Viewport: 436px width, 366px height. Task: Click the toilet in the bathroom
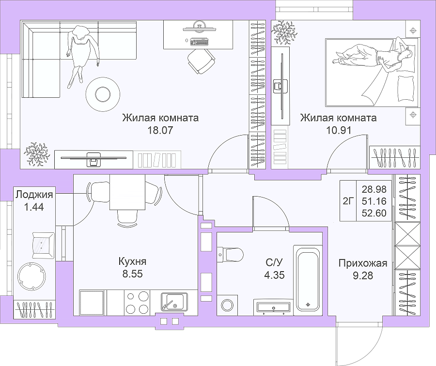coord(230,254)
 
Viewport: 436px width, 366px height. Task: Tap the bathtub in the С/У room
coord(307,278)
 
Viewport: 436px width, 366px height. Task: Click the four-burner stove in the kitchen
coord(138,303)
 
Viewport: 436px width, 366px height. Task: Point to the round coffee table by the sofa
coord(103,94)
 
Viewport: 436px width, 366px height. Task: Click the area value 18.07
coord(160,130)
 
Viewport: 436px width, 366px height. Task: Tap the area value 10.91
coord(339,130)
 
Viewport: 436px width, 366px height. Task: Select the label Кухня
coord(132,261)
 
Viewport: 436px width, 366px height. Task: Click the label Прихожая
coord(363,263)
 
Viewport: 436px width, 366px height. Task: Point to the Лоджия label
coord(34,195)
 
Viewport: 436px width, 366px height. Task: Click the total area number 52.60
coord(374,213)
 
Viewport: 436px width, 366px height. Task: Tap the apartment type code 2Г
coord(348,200)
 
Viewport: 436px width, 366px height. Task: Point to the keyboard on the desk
coord(200,42)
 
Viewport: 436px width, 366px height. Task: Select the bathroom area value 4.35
coord(274,275)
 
